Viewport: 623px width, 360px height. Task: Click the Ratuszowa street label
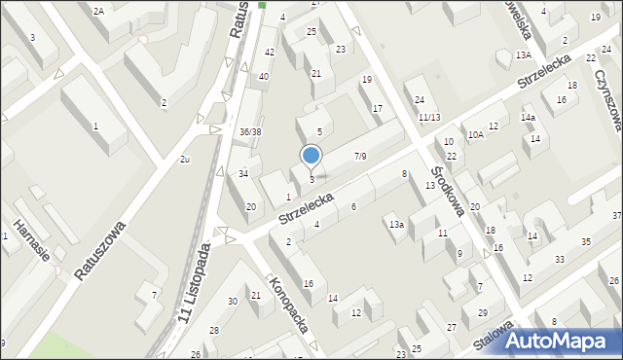click(101, 249)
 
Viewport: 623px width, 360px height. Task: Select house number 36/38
click(250, 131)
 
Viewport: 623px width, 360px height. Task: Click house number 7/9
click(360, 156)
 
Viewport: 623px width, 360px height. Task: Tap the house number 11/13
click(428, 118)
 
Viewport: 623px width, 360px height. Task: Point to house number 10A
click(475, 135)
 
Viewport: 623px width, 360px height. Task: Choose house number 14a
click(528, 118)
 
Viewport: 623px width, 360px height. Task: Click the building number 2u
click(184, 158)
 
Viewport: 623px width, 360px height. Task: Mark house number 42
click(270, 52)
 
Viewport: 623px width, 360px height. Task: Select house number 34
click(244, 173)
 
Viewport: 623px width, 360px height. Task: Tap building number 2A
click(98, 10)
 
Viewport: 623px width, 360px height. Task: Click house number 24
click(420, 99)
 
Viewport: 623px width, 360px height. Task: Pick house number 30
click(233, 302)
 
